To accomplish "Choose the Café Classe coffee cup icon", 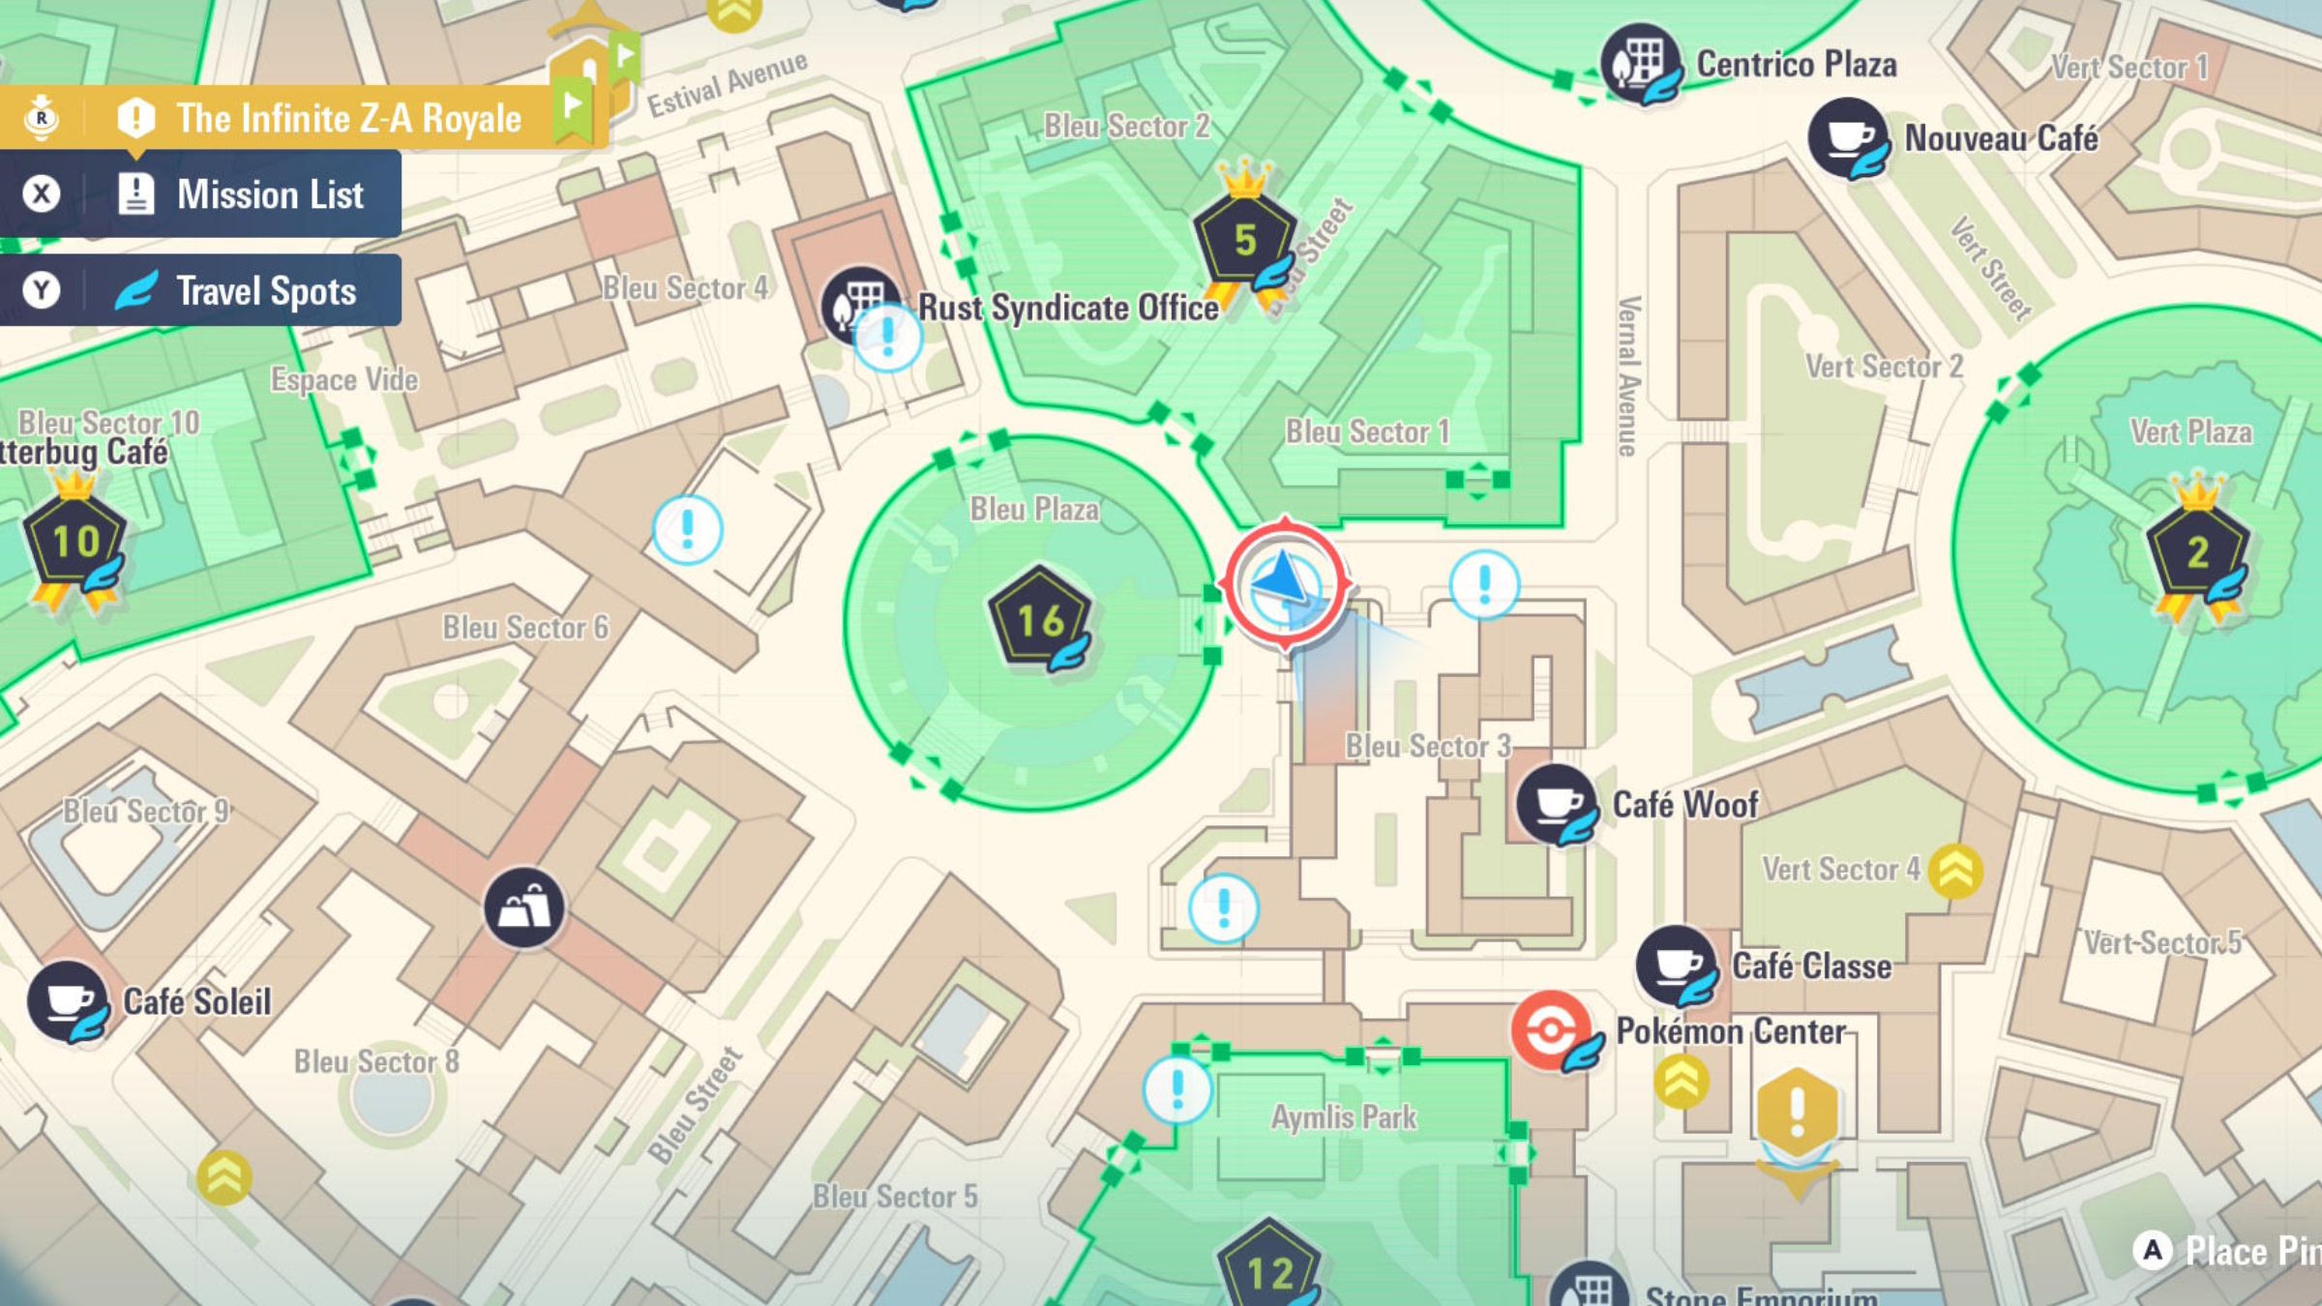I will [x=1676, y=965].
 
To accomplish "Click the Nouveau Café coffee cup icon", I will [x=1847, y=136].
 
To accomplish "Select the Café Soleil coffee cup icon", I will [x=67, y=1000].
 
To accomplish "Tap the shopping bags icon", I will [x=524, y=906].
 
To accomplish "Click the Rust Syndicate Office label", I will [x=1068, y=308].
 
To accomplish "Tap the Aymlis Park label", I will [x=1343, y=1117].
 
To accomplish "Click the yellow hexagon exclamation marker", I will [x=1797, y=1112].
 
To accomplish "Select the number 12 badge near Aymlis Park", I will [x=1268, y=1269].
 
